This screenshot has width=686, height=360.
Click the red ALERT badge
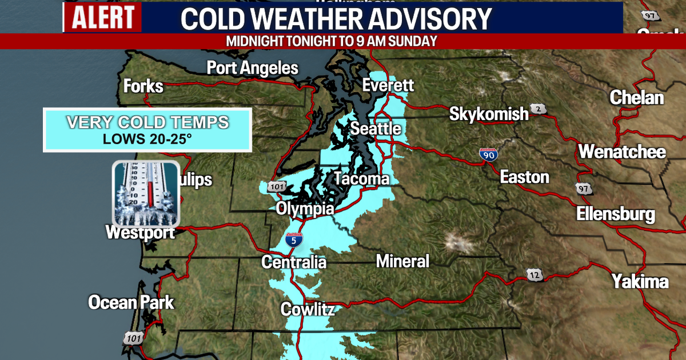102,17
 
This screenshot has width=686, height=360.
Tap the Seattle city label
376,129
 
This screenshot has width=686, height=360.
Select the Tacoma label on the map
361,179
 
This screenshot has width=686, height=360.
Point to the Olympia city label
305,209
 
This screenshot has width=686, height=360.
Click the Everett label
388,86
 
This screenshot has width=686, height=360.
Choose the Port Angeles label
252,68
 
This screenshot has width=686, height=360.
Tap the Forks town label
143,86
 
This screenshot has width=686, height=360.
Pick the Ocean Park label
131,302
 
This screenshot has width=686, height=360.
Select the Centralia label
294,262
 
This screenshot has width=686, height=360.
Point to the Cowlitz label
307,310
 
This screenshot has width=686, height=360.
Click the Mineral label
402,261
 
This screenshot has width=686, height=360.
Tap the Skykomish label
489,114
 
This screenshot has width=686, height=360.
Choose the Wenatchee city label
622,152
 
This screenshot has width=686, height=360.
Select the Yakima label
640,281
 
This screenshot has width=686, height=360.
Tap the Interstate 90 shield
488,154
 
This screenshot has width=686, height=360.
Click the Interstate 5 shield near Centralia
294,241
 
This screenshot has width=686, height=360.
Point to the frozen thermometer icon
146,193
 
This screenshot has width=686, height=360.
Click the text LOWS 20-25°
147,138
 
